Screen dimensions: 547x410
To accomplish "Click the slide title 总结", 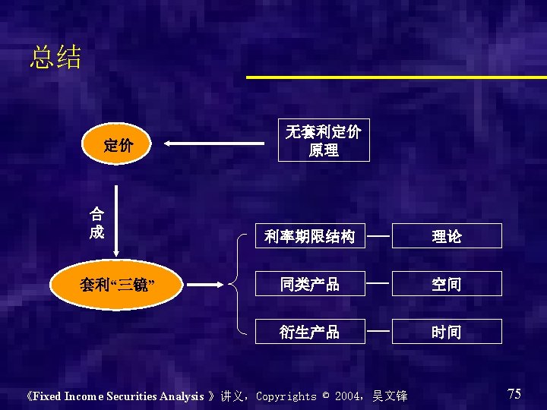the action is (x=55, y=58).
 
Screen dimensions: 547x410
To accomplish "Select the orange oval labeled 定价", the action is (x=118, y=144).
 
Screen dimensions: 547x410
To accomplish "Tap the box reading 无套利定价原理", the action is (x=324, y=140).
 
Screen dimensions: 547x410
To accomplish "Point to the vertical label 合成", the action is (x=96, y=222).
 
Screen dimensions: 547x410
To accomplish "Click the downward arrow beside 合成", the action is (x=116, y=220).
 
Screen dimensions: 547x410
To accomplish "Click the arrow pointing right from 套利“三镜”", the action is (x=206, y=285).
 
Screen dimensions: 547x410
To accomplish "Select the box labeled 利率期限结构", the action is (x=310, y=236).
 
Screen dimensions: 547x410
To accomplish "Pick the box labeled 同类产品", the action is (x=310, y=284).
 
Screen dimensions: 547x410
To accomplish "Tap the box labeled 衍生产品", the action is (x=310, y=332).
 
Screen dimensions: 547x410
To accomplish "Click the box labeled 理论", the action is (x=447, y=236).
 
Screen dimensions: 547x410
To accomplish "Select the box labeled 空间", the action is (x=447, y=284).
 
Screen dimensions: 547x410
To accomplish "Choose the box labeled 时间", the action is (x=447, y=332).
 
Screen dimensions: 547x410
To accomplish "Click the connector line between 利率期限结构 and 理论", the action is (x=378, y=235).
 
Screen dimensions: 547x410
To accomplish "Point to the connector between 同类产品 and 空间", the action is (x=378, y=283).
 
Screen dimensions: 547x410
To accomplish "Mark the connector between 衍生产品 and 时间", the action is (x=378, y=331).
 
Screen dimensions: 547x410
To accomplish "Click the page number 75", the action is (x=514, y=393).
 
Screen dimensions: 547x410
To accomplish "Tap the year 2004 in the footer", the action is (x=349, y=396).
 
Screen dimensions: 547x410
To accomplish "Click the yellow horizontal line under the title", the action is (x=395, y=77).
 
